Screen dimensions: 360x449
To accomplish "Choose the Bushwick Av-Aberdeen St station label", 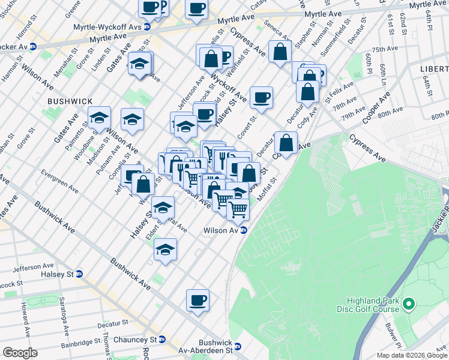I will [206, 346].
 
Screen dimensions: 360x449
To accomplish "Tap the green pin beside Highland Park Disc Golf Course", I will [409, 305].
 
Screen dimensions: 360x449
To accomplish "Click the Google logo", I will [20, 352].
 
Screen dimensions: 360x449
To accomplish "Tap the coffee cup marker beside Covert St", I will [261, 97].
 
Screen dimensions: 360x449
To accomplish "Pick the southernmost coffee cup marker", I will [197, 300].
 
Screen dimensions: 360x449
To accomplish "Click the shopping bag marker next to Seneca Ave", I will [280, 52].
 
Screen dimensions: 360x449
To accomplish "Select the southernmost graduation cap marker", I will [165, 250].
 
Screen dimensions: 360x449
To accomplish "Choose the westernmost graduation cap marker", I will [99, 117].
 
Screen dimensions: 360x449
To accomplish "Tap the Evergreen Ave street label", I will [59, 181].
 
